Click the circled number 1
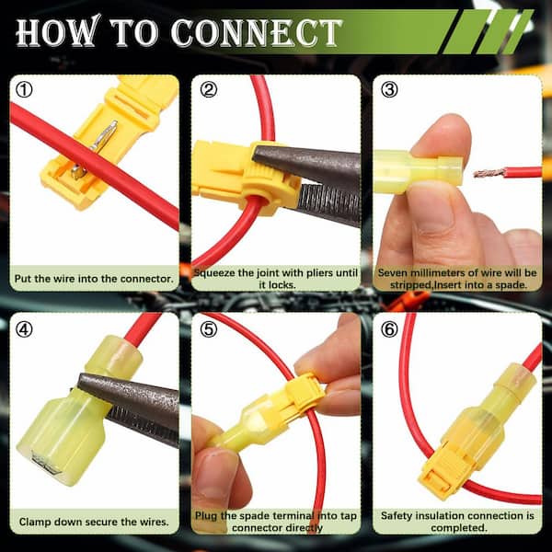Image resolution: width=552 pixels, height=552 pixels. point(24,90)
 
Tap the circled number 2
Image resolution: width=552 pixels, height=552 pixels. point(209,90)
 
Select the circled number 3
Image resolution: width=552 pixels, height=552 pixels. point(389,90)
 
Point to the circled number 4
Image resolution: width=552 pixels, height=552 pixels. point(24,330)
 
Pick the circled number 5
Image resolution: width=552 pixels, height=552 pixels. point(209,330)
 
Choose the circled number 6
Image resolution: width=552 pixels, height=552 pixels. point(389,330)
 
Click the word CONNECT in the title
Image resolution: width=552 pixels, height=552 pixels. point(257,33)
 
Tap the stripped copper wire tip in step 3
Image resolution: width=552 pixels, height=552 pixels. point(489,173)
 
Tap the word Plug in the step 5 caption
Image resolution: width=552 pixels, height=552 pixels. point(206,516)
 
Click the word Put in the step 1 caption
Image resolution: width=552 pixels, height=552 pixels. point(23,279)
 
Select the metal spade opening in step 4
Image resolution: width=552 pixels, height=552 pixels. point(46,462)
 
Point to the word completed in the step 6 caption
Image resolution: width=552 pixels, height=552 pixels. point(459,528)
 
